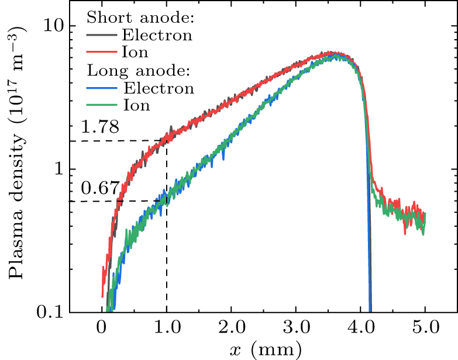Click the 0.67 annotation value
[x=100, y=188]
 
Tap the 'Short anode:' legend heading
[x=140, y=18]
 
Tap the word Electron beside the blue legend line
[x=158, y=89]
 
